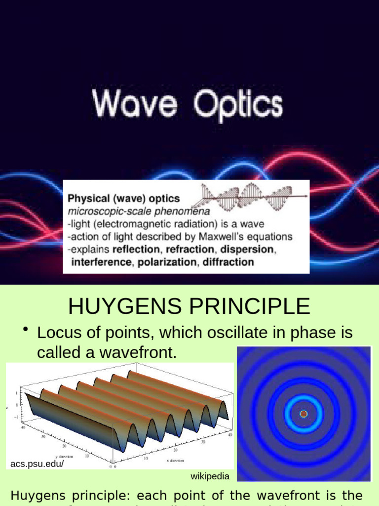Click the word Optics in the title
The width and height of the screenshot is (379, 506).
238,105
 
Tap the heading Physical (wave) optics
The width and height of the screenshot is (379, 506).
123,199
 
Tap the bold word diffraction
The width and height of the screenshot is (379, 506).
227,262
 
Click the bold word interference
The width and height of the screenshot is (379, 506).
101,262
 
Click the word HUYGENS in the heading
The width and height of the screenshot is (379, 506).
123,306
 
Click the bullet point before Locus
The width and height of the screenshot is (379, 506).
25,330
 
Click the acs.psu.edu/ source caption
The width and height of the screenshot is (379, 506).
37,464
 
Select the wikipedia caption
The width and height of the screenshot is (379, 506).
210,476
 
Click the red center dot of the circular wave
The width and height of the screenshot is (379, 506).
303,414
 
